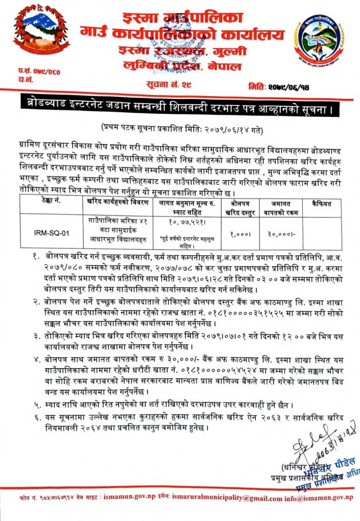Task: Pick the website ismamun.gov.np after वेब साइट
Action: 120,499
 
